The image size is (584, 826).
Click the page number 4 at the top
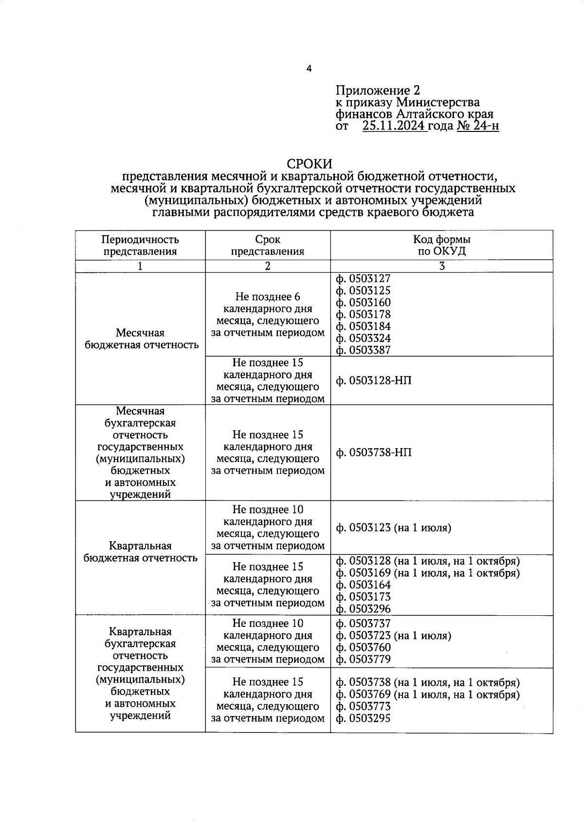point(309,69)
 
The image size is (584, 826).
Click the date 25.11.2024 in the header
point(394,126)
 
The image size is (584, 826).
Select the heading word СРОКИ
point(309,164)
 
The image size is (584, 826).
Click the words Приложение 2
point(377,91)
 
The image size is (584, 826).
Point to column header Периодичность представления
point(140,245)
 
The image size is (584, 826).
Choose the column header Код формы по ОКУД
point(441,245)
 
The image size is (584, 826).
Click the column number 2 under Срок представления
point(267,266)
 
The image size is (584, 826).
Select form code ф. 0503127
point(363,279)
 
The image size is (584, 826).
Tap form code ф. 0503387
point(363,350)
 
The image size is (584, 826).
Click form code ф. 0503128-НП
point(373,381)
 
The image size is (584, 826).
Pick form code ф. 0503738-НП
point(373,453)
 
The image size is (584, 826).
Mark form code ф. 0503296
point(363,609)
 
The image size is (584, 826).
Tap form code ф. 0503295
point(363,718)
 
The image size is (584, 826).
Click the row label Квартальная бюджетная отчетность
point(140,552)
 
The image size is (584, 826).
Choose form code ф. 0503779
point(363,660)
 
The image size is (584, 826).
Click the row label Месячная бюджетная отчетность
point(140,339)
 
